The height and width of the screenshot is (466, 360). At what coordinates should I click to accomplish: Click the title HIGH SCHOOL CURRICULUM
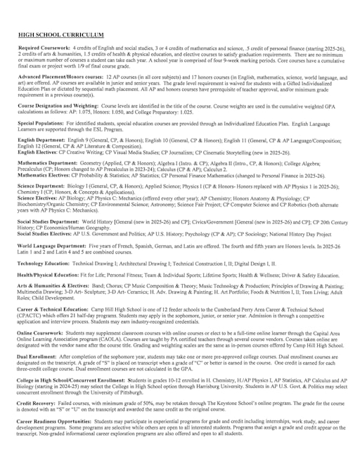point(60,34)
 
